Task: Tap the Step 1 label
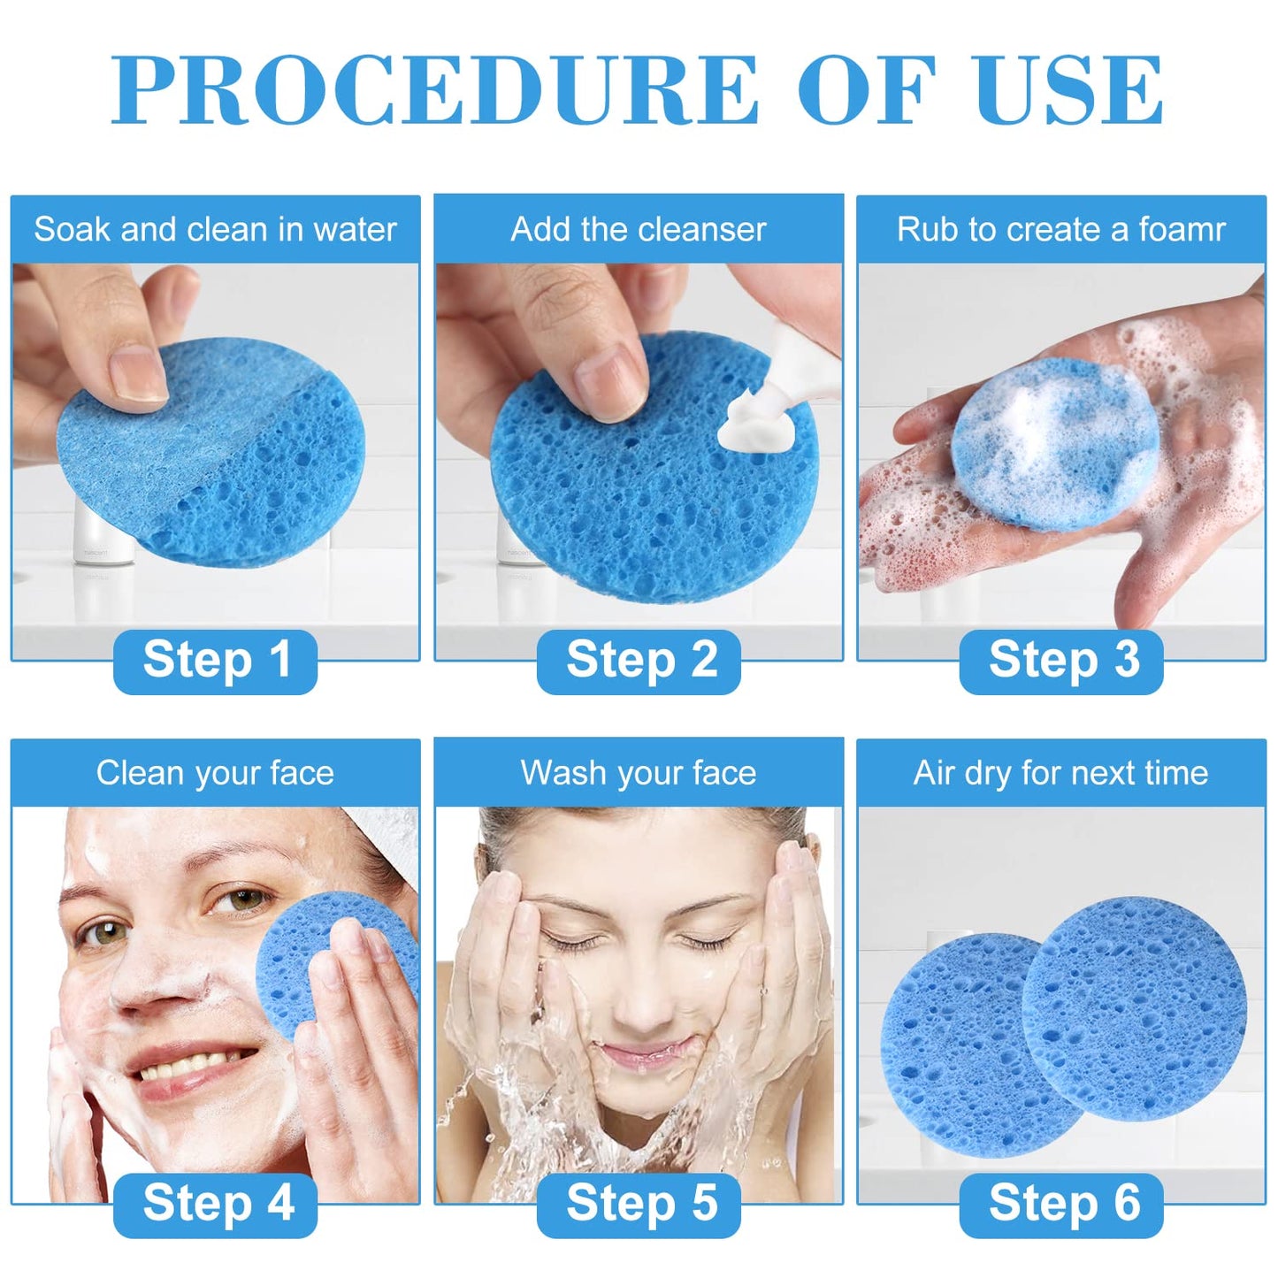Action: tap(216, 661)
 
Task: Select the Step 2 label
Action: tap(639, 661)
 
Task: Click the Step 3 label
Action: tap(1062, 661)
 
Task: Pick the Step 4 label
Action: tap(216, 1204)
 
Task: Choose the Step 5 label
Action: tap(639, 1204)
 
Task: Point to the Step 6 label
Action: tap(1062, 1204)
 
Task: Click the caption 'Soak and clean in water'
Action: tap(215, 230)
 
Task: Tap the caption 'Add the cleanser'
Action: tap(639, 230)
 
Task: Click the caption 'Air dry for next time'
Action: tap(1061, 774)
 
